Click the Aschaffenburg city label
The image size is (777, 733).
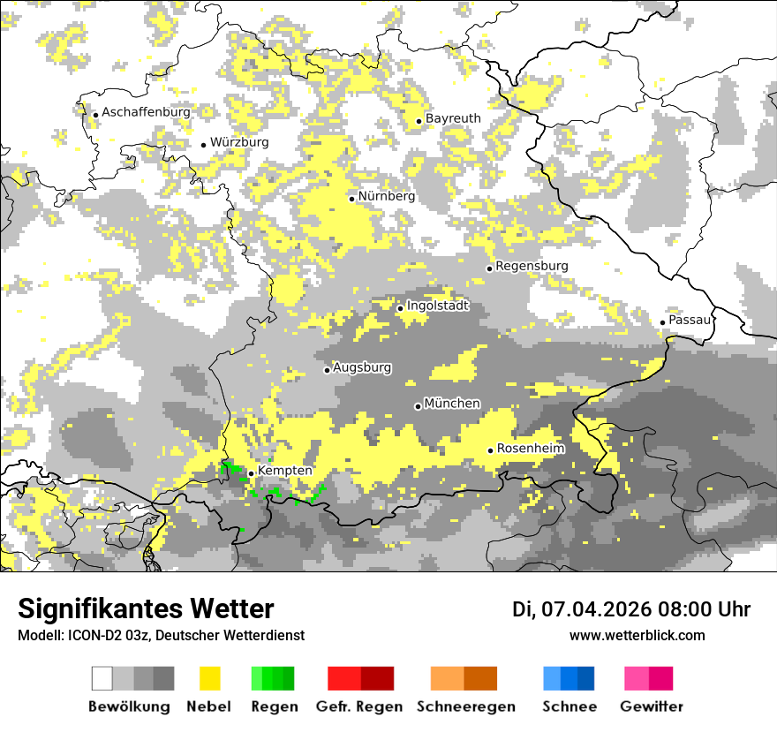(x=146, y=113)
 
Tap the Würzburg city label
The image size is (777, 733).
(x=239, y=142)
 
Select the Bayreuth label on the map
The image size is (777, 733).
(x=453, y=118)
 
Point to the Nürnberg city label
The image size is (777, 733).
(x=386, y=197)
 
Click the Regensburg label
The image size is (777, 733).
(x=532, y=266)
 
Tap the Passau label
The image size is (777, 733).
(x=690, y=320)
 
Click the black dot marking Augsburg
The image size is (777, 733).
(x=327, y=370)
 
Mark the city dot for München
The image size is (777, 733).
(x=419, y=406)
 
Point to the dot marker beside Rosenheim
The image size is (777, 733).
(x=491, y=450)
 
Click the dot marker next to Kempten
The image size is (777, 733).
(x=251, y=473)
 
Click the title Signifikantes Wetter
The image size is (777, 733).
(x=146, y=608)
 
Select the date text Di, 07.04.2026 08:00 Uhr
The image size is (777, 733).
(x=631, y=609)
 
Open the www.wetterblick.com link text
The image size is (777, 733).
(x=637, y=635)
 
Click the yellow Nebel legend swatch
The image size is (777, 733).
(x=210, y=678)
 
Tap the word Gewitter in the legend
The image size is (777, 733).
(x=652, y=707)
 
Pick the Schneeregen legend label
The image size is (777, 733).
(x=466, y=707)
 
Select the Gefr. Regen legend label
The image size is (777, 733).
(x=359, y=707)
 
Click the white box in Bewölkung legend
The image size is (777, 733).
(x=102, y=678)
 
